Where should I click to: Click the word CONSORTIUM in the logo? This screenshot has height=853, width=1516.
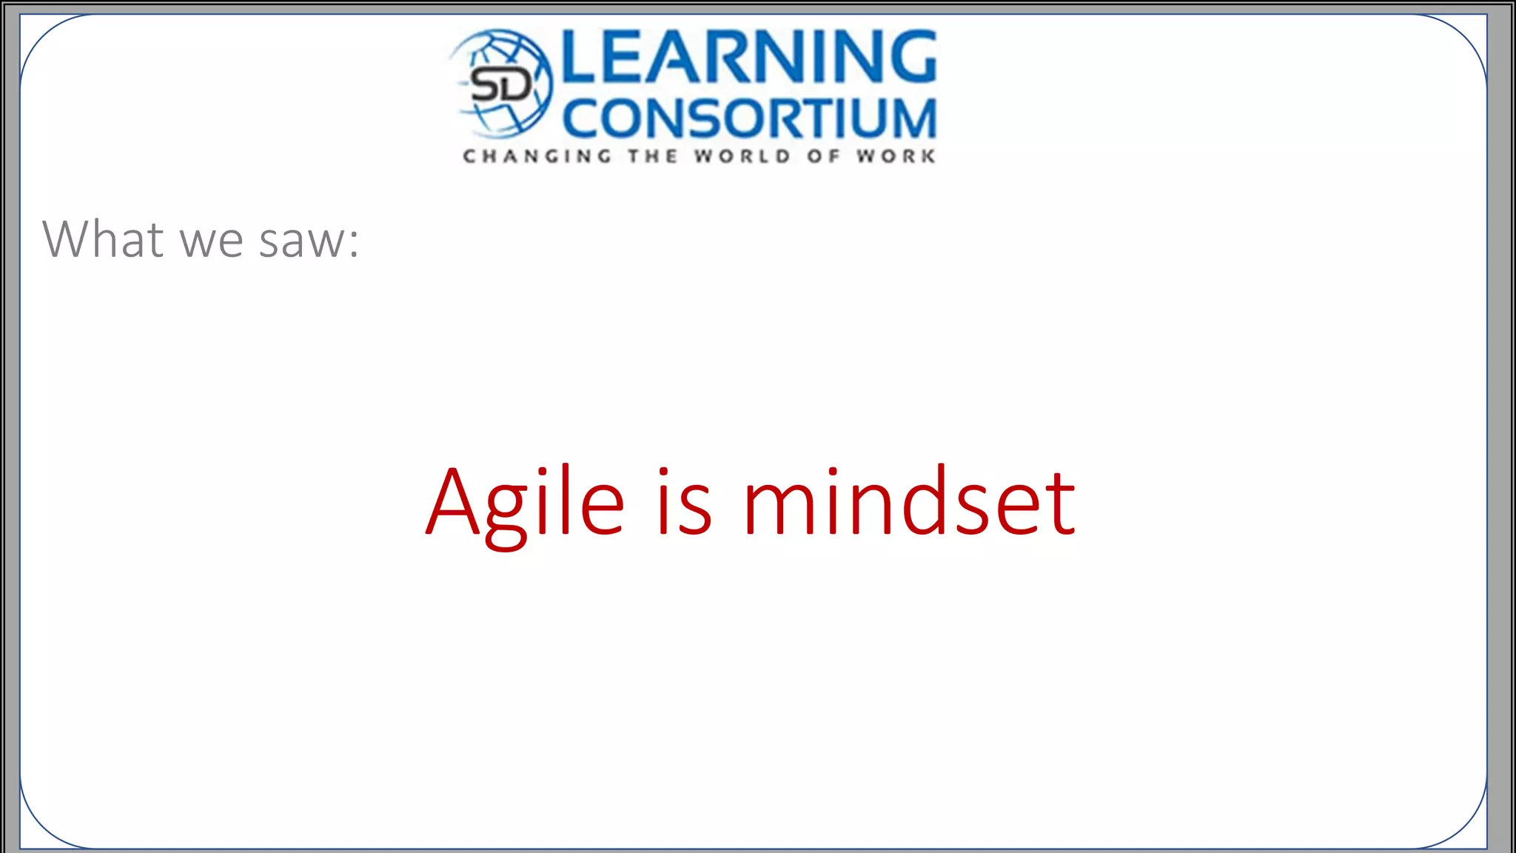click(x=750, y=118)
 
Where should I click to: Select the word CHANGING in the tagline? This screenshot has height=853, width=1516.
click(x=537, y=156)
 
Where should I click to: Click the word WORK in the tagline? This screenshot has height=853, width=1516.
click(x=896, y=156)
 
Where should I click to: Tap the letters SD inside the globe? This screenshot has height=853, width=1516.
click(x=501, y=85)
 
